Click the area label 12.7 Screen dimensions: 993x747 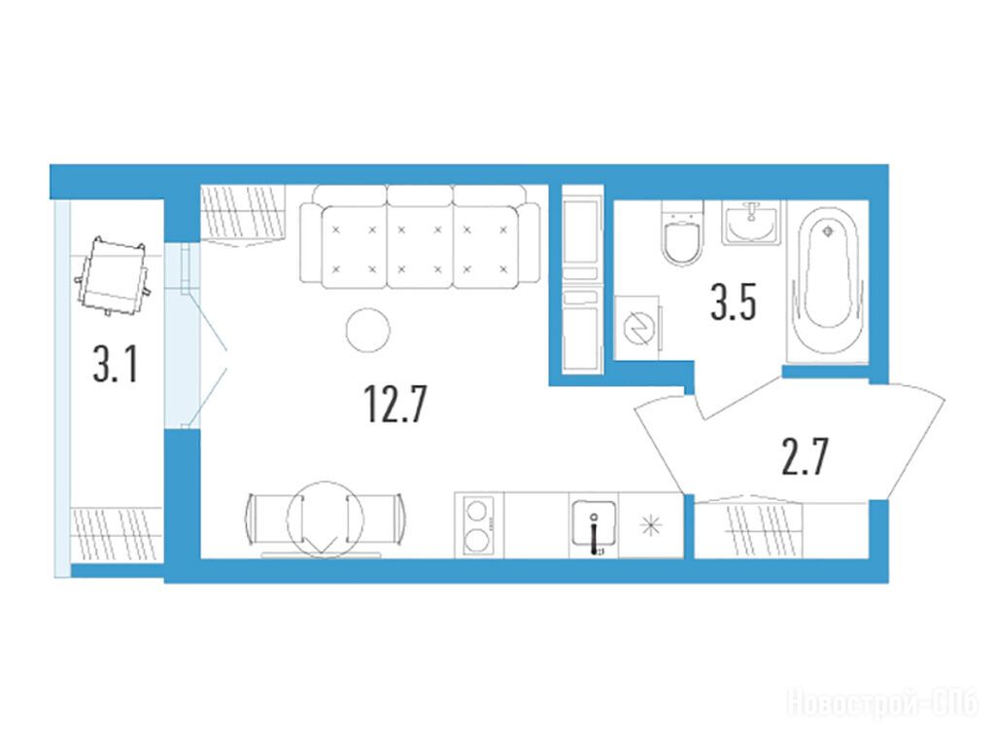(395, 405)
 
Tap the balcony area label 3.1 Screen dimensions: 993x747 (116, 366)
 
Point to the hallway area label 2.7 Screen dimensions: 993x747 (805, 457)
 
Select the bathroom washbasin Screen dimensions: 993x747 (751, 223)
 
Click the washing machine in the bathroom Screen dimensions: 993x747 (637, 328)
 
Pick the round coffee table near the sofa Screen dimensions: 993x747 (368, 330)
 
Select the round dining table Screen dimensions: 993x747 (325, 519)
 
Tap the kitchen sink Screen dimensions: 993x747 (594, 522)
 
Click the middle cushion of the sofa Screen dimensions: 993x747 (419, 247)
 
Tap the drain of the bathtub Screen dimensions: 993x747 (827, 232)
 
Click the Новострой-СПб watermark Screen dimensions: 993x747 (882, 703)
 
